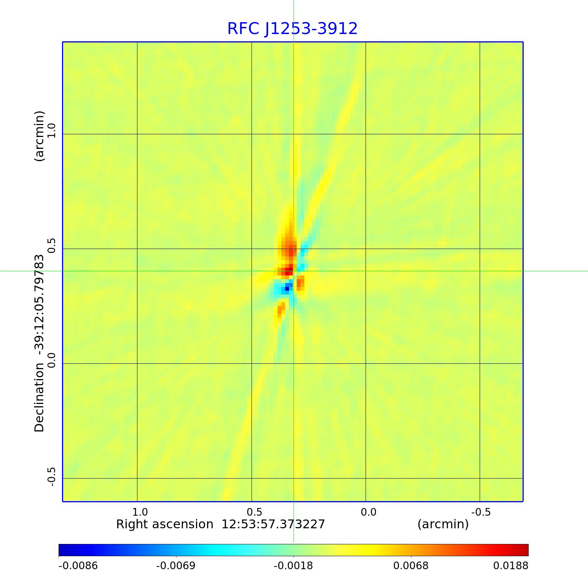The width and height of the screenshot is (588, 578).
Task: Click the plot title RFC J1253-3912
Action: (x=292, y=29)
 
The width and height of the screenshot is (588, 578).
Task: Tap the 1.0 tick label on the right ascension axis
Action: (x=140, y=512)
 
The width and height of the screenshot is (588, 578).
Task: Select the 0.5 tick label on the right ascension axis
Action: (x=254, y=512)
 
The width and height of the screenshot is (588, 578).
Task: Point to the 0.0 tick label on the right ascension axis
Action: (x=368, y=512)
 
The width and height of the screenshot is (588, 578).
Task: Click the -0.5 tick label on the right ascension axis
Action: (x=481, y=512)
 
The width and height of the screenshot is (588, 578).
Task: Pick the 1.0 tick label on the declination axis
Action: (x=51, y=130)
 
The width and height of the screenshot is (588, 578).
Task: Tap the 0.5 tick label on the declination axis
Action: (x=51, y=245)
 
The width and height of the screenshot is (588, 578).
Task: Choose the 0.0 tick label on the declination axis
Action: (x=51, y=360)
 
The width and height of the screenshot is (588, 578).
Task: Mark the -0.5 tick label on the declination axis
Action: (x=51, y=477)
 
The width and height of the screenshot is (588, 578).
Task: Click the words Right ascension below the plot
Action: (x=165, y=524)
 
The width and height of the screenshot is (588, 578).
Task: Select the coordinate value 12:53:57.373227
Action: (x=273, y=524)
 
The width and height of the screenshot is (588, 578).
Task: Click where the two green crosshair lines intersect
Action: (x=294, y=271)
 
